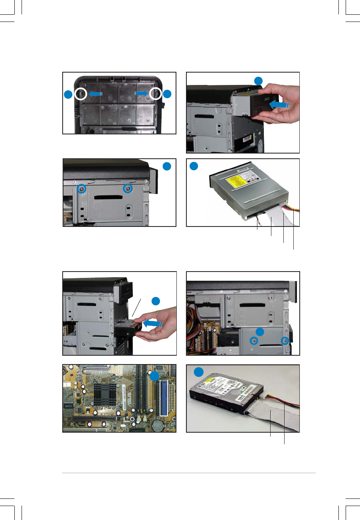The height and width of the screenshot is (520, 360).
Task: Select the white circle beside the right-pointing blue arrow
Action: click(x=155, y=94)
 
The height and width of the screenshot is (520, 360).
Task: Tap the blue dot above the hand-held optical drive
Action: click(x=259, y=81)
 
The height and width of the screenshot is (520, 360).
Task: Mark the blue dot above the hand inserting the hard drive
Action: click(x=156, y=301)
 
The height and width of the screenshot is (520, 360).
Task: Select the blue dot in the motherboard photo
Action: click(x=154, y=377)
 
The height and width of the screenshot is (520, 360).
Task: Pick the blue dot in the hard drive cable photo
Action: click(x=198, y=372)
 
